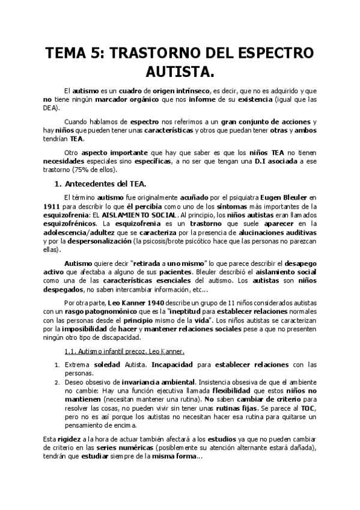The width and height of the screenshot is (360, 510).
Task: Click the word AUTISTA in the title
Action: pos(180,72)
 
